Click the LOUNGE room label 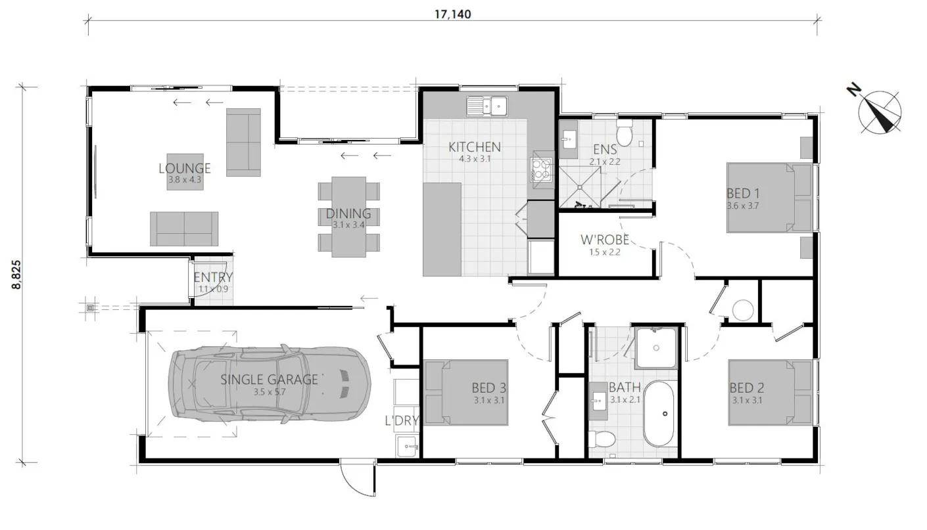(x=185, y=169)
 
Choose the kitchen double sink (x=487, y=105)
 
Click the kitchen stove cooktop (x=542, y=169)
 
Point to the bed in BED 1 (x=769, y=198)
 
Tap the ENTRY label (x=213, y=278)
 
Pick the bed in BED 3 (x=466, y=392)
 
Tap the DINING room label (x=348, y=213)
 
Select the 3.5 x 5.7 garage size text (x=270, y=392)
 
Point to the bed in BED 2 (x=770, y=392)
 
